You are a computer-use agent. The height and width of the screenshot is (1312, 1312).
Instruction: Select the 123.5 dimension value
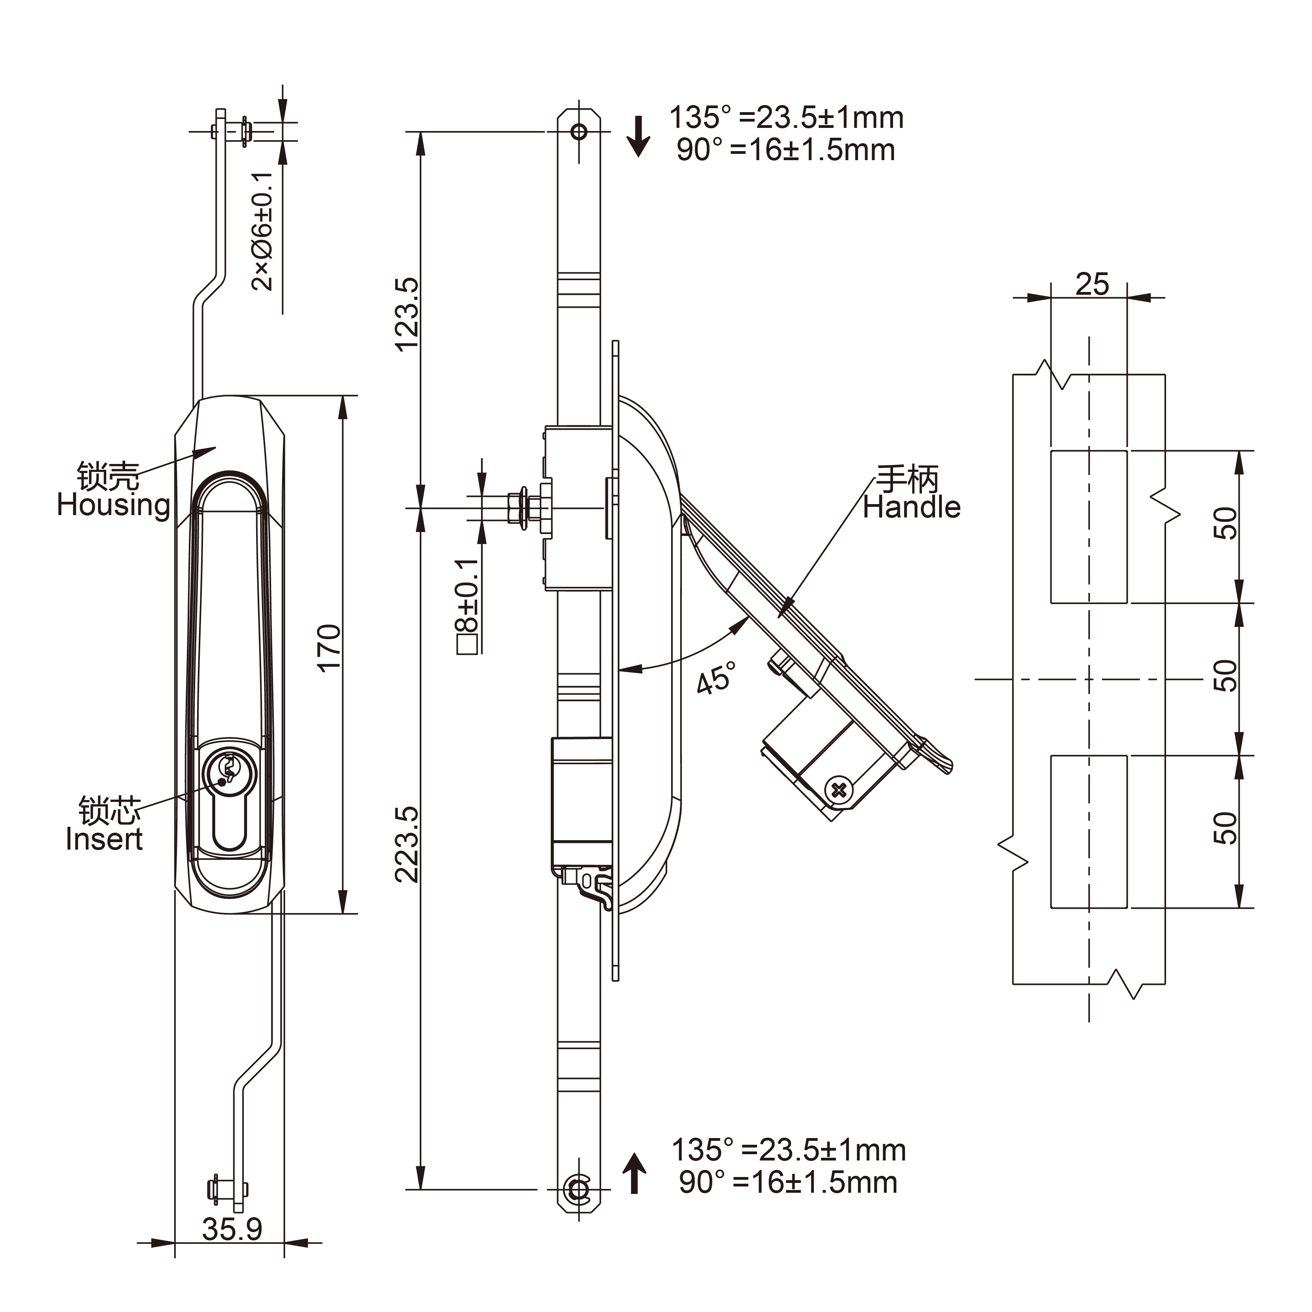coord(408,314)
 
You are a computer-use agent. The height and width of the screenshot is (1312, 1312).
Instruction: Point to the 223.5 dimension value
coord(408,844)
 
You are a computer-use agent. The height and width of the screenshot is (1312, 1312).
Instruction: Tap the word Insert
coord(104,839)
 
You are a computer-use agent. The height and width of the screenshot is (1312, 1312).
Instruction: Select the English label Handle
coord(912,508)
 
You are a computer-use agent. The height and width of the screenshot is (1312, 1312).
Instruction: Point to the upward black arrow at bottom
coord(634,1173)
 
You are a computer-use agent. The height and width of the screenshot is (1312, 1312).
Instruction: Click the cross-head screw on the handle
coord(840,789)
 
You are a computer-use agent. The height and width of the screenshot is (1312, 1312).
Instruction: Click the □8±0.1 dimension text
coord(469,605)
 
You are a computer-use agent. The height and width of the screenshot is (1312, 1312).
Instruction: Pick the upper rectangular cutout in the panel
coord(1089,527)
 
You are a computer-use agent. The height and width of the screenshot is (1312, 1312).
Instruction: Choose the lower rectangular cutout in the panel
coord(1089,831)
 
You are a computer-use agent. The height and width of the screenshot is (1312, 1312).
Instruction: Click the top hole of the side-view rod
coord(579,131)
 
